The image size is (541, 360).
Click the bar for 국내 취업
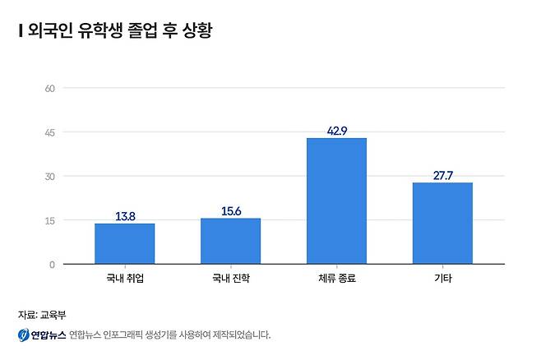(124, 244)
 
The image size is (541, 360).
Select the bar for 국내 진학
(230, 242)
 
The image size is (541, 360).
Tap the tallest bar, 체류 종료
(336, 201)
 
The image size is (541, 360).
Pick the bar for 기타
(442, 224)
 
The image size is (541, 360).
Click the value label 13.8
(124, 216)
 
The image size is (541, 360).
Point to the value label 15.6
(230, 211)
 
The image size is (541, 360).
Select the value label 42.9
(336, 131)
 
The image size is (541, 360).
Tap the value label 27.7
(442, 175)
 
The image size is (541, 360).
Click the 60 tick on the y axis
(49, 88)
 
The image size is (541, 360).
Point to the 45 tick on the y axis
(49, 132)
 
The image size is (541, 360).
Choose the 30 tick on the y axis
(49, 176)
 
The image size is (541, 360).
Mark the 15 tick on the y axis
(49, 220)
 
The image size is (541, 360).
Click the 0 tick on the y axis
(51, 265)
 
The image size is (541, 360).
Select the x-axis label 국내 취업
(124, 279)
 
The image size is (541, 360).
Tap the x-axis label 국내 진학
(230, 279)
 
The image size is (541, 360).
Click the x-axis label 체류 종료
(336, 279)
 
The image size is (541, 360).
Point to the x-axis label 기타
(442, 279)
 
